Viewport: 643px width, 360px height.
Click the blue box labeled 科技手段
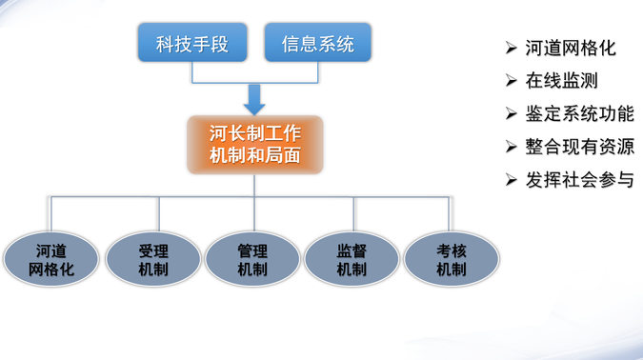(x=192, y=45)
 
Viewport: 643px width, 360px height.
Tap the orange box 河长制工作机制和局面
(x=254, y=144)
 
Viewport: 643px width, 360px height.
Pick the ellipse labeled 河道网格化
(x=51, y=260)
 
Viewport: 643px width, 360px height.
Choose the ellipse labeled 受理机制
(x=153, y=260)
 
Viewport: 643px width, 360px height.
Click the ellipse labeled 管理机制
(x=252, y=260)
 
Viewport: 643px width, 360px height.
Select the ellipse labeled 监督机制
(x=352, y=260)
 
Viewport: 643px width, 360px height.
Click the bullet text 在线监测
(x=561, y=81)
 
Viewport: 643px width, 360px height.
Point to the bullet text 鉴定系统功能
(x=578, y=113)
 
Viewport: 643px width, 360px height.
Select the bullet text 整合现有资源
(x=578, y=147)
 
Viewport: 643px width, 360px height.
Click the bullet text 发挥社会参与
(x=578, y=179)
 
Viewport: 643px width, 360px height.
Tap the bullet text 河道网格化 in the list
(x=570, y=49)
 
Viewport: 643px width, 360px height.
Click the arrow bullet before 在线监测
(x=511, y=81)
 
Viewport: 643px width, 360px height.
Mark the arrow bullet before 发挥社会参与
(x=511, y=179)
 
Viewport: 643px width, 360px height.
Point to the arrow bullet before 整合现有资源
(x=511, y=147)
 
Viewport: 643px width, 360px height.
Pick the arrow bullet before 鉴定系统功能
(x=511, y=113)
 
